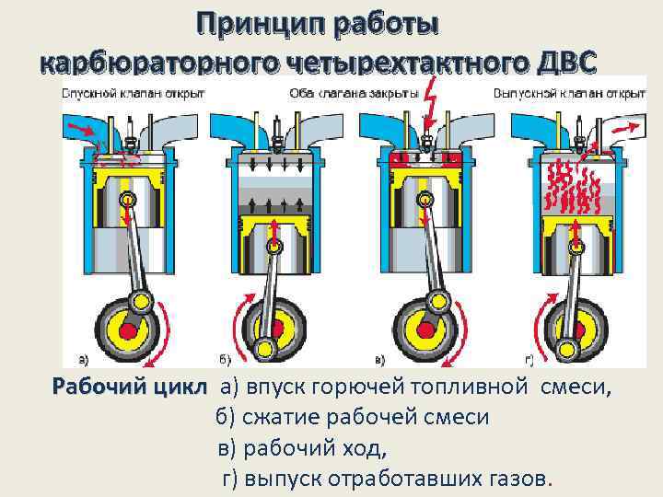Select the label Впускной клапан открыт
point(126,93)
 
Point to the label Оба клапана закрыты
point(353,93)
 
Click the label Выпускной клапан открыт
point(568,93)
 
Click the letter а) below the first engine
point(84,359)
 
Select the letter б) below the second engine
point(224,359)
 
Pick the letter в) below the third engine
point(379,359)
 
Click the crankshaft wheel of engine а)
point(126,327)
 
